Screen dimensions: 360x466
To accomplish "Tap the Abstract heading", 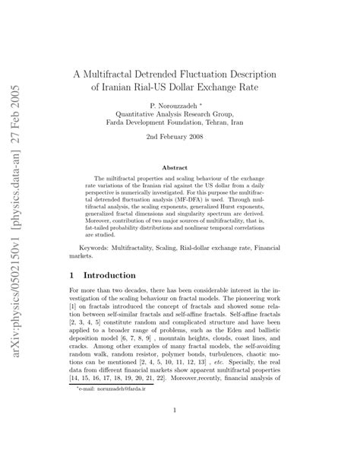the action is click(x=175, y=166).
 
